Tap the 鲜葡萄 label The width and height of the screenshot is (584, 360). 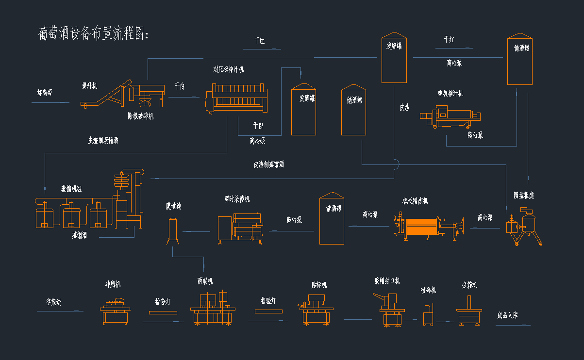45,92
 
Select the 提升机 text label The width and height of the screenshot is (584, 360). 90,86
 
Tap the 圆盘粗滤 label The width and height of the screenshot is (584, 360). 524,196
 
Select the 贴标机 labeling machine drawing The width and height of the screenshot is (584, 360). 315,309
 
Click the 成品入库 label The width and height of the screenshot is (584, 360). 507,315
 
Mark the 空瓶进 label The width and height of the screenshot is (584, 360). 54,302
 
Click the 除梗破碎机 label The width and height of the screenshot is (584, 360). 141,116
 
